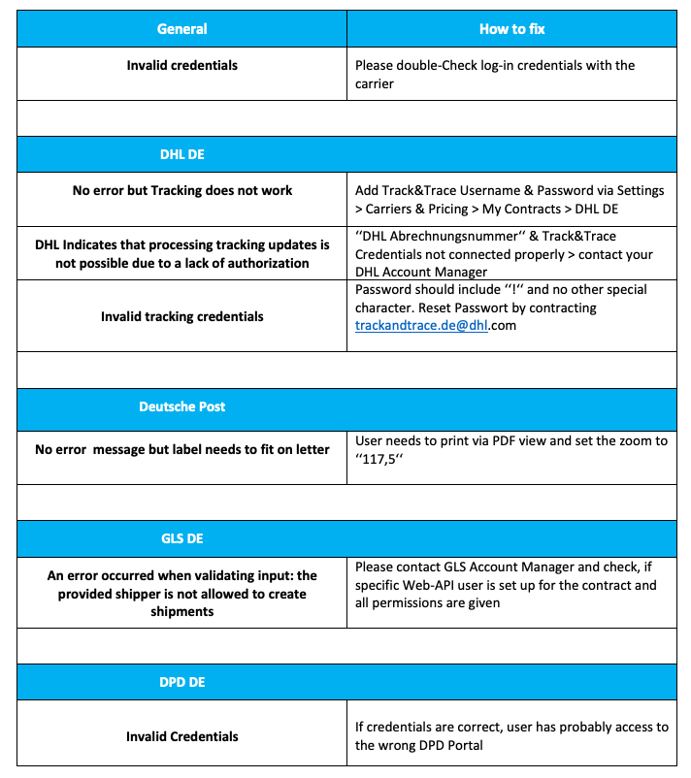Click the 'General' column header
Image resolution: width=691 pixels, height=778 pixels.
tap(182, 29)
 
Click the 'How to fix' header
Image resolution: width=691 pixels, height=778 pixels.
tap(511, 29)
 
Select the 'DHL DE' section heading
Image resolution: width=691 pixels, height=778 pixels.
tap(182, 154)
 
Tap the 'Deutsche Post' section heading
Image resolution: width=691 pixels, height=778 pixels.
tap(182, 406)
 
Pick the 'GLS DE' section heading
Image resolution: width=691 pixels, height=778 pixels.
tap(182, 538)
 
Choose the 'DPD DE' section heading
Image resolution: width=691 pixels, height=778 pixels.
tap(182, 682)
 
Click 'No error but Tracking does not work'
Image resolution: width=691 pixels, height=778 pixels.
tap(182, 190)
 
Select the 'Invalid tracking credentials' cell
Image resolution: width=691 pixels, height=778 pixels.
tap(182, 316)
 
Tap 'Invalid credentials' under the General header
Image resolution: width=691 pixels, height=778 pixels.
tap(182, 65)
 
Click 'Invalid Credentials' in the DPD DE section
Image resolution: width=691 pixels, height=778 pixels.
tap(182, 736)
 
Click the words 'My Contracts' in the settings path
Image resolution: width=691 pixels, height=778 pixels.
tap(563, 209)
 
